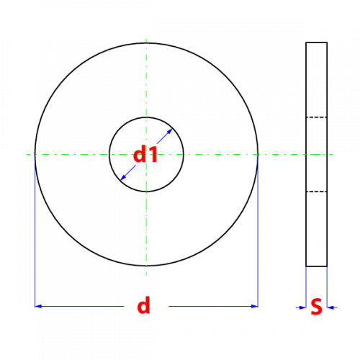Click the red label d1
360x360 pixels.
[x=145, y=154]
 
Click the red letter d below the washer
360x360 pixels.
[x=143, y=305]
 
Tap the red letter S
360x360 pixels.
[x=316, y=307]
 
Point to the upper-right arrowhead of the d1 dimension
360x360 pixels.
[x=170, y=131]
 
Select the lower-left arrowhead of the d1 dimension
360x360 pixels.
[x=123, y=177]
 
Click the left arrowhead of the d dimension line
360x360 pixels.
[x=38, y=306]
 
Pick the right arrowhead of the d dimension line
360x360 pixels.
[x=254, y=306]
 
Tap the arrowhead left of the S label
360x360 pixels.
[x=303, y=307]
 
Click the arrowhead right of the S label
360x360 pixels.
[x=330, y=307]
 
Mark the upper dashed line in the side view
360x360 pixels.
[x=317, y=117]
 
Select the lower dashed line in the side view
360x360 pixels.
[x=317, y=192]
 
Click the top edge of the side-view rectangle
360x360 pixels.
[x=317, y=42]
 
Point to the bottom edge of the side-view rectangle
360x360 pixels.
[x=317, y=266]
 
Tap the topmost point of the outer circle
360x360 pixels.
[x=146, y=43]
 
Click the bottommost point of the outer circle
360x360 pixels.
[x=146, y=266]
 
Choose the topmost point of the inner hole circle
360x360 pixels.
[x=146, y=117]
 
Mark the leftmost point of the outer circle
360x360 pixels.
[x=35, y=154]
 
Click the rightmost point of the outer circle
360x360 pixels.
[x=258, y=154]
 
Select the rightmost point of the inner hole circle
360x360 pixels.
[x=184, y=154]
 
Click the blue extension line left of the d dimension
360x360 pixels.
[x=35, y=231]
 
